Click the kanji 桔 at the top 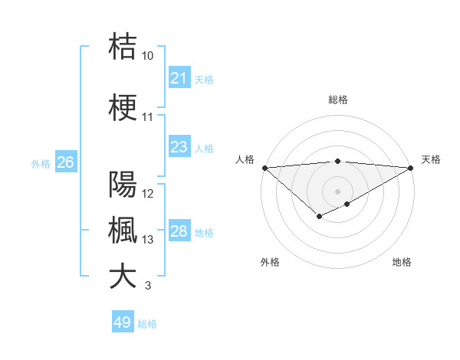123,46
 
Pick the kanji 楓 123,230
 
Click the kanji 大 123,276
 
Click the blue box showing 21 179,78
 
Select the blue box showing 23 179,147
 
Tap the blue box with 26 65,162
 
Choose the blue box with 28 179,231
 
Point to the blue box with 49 122,322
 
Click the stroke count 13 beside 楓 148,240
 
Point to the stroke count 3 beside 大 147,286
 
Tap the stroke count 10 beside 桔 147,56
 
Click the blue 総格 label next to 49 148,324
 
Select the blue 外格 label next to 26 40,163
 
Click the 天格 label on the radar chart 431,159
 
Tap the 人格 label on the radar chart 245,159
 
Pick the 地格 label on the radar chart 402,262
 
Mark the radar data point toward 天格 411,168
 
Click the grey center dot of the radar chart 337,191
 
